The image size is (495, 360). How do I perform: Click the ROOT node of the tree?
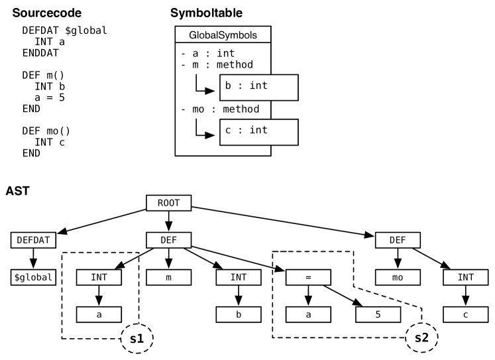(x=168, y=203)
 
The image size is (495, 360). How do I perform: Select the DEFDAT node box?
(x=33, y=240)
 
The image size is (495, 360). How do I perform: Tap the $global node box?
(x=33, y=277)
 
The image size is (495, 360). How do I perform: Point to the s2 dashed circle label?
(x=421, y=338)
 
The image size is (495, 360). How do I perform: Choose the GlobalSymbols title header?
(x=223, y=35)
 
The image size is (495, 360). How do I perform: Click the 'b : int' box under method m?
(x=258, y=87)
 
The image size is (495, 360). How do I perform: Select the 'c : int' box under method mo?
(x=258, y=131)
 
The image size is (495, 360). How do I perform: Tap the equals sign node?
(x=308, y=277)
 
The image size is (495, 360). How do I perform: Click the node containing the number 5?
(x=378, y=314)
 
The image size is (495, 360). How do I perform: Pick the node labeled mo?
(x=398, y=277)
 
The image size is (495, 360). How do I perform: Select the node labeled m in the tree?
(x=168, y=277)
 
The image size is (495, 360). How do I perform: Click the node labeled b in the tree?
(x=239, y=314)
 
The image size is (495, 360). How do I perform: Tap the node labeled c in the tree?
(x=465, y=314)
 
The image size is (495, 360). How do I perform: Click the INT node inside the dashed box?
(x=99, y=277)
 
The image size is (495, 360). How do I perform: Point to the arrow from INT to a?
(x=99, y=296)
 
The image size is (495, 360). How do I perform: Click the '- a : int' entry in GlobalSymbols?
(x=207, y=53)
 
